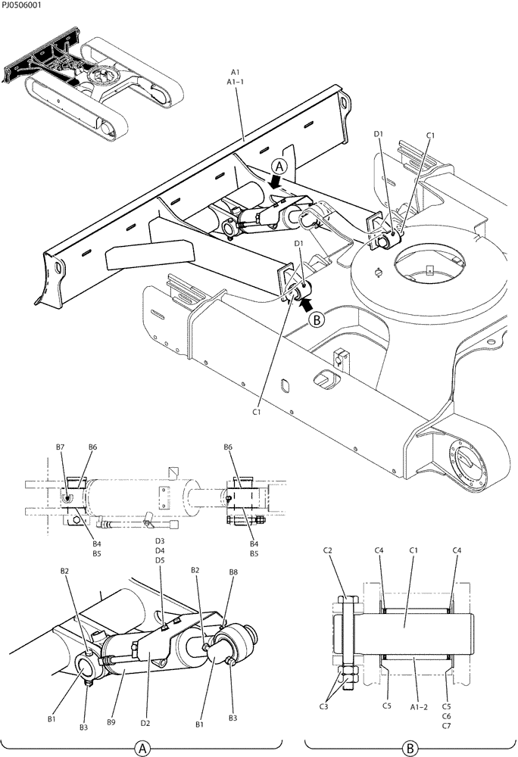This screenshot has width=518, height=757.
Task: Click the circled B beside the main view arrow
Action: [317, 319]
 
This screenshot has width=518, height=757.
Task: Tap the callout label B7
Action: [60, 447]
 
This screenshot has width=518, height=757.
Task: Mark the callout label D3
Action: [160, 541]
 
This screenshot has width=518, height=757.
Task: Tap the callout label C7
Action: [446, 725]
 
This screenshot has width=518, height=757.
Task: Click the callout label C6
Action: [446, 715]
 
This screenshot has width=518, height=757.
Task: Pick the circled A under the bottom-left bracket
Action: [140, 748]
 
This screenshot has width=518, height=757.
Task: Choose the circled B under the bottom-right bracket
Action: [410, 748]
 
